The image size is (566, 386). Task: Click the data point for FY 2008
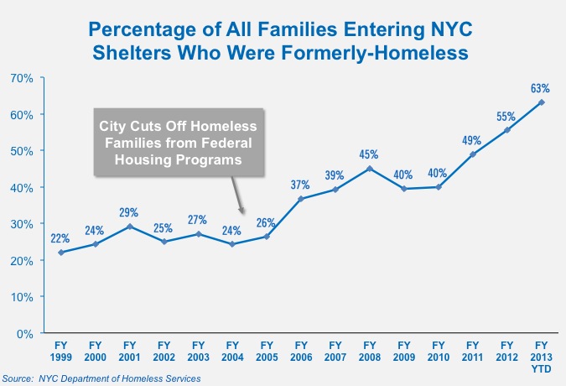click(370, 168)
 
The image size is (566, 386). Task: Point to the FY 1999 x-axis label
click(60, 350)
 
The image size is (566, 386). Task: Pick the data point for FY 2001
click(129, 227)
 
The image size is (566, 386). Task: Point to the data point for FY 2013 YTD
click(542, 102)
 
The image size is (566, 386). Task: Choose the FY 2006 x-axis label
click(301, 350)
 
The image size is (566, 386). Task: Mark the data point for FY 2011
click(473, 154)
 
